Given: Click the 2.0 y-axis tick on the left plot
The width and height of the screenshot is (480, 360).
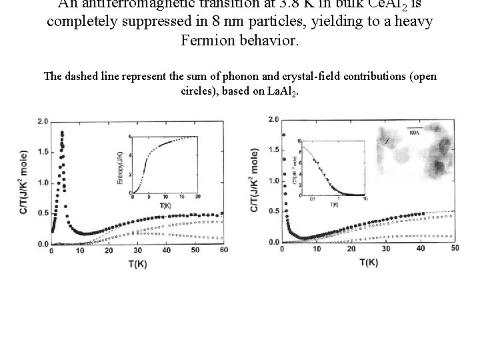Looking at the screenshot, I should click(x=42, y=122).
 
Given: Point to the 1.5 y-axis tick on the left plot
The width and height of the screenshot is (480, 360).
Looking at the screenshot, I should click(x=42, y=152).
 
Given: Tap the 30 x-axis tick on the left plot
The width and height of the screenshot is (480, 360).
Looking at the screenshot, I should click(x=137, y=251).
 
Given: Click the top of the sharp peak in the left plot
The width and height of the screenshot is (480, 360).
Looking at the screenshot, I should click(x=62, y=132).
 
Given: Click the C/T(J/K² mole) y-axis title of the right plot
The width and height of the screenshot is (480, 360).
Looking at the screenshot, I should click(x=255, y=181).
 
